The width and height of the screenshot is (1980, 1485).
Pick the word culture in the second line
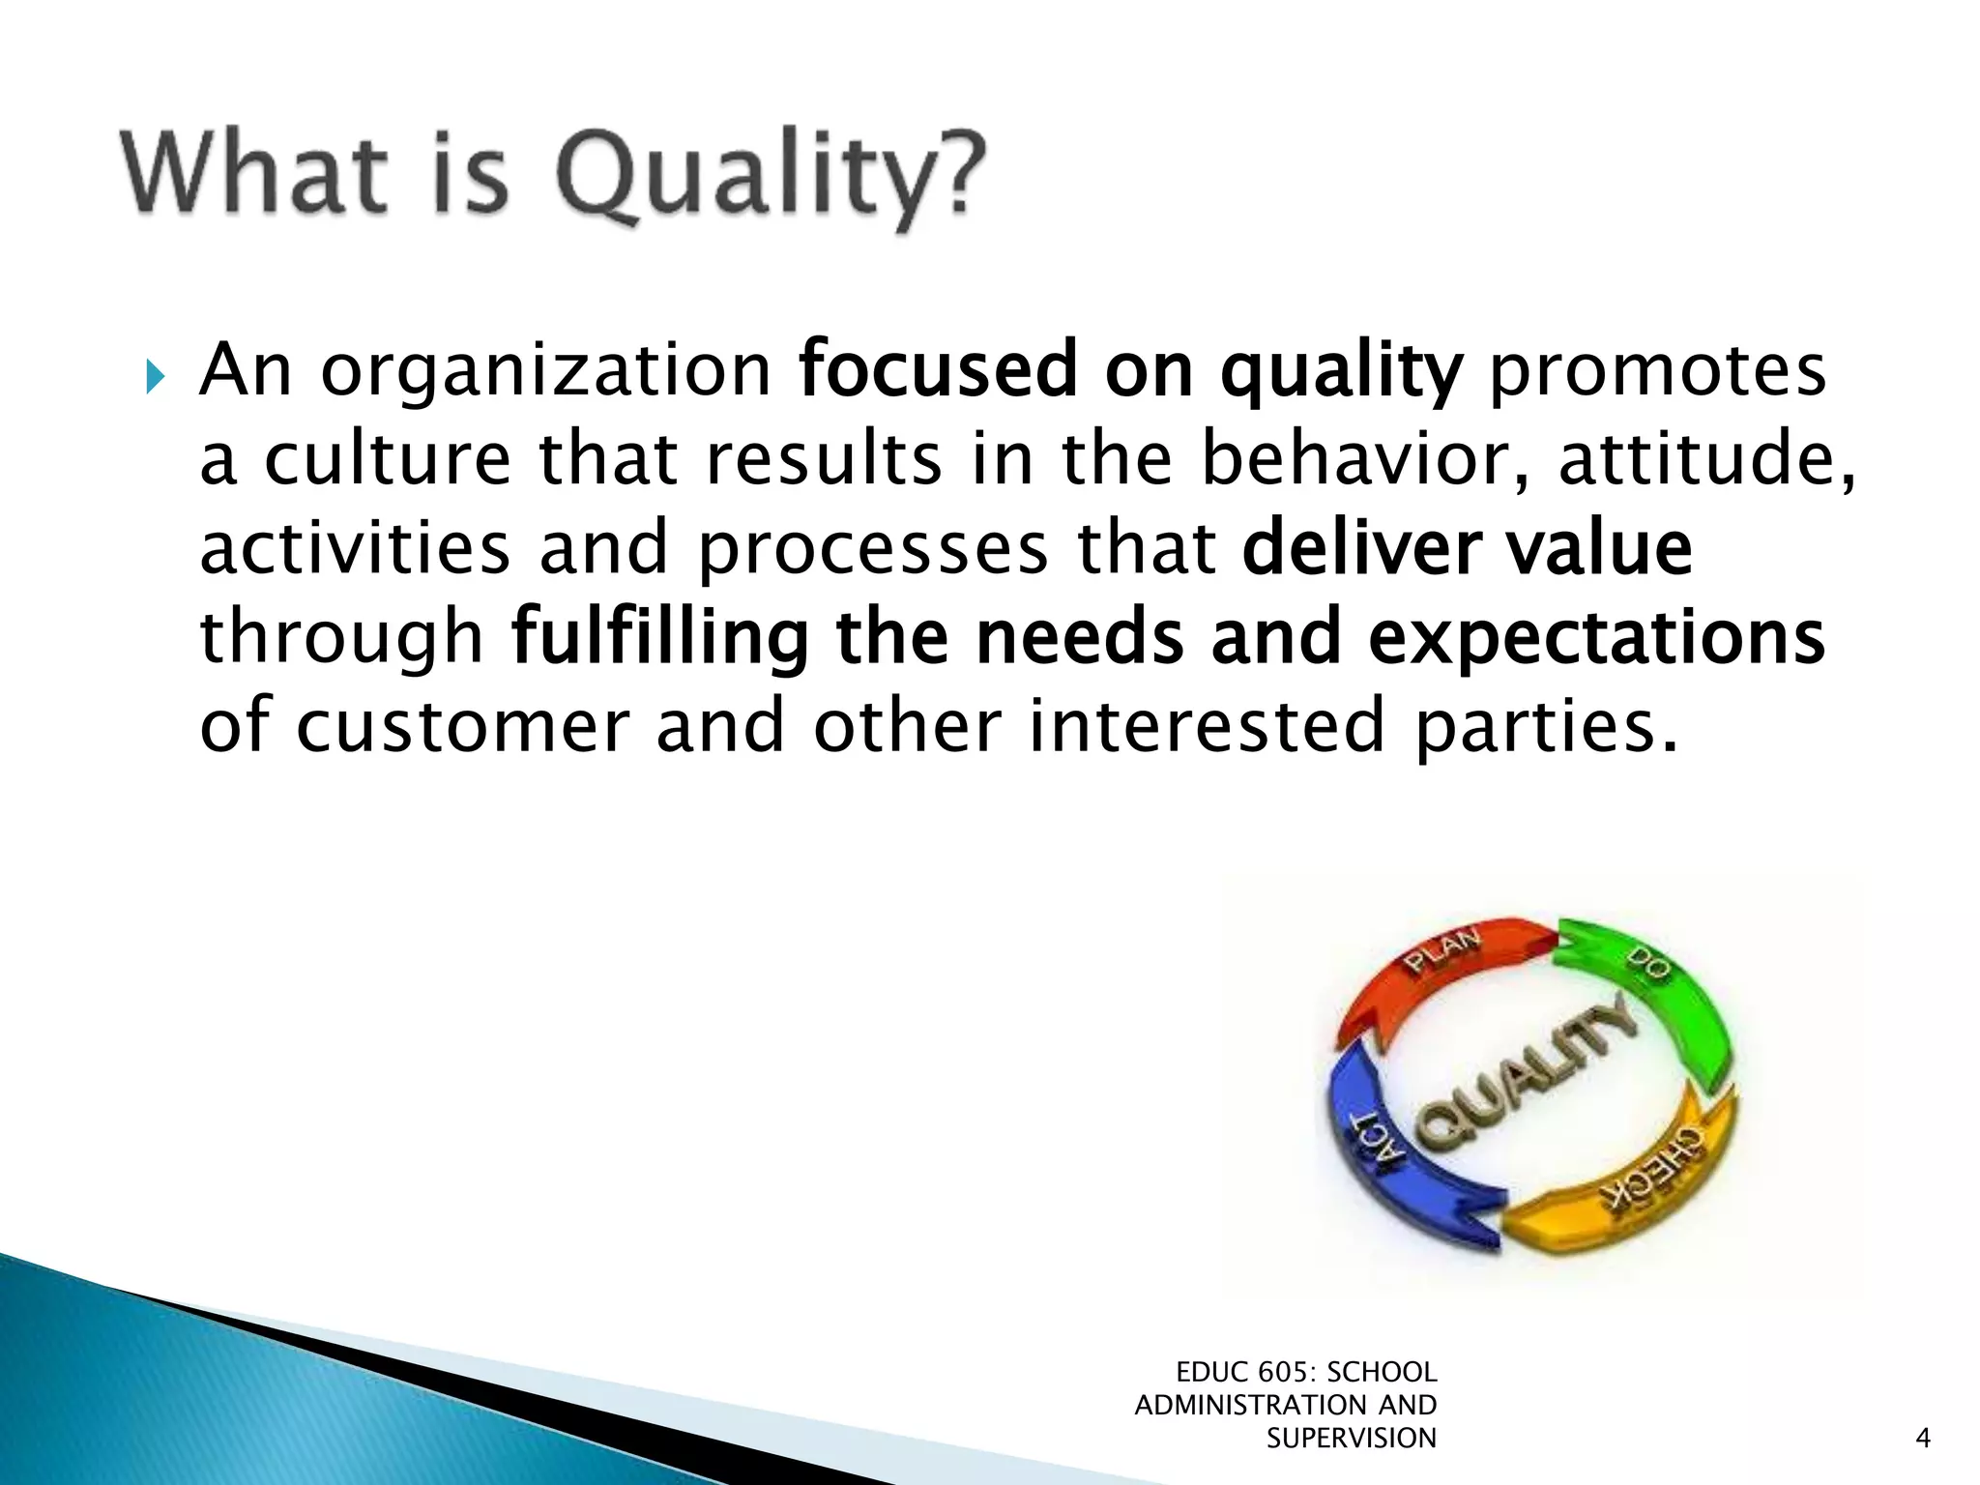[387, 459]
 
